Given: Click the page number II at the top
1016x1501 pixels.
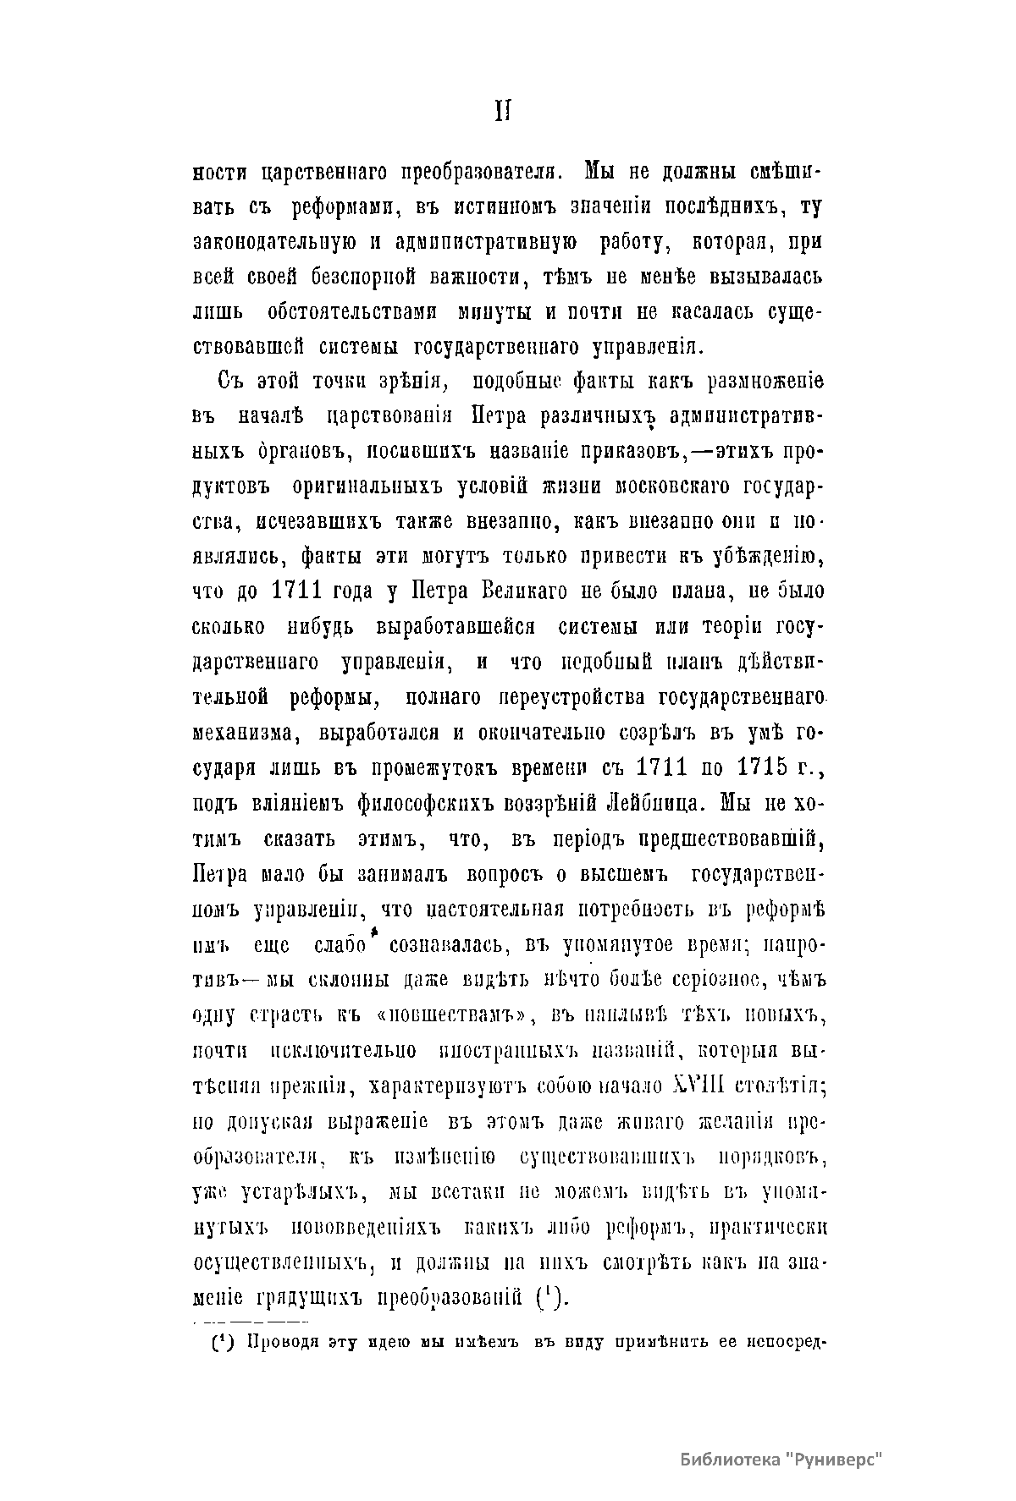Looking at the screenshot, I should pos(501,113).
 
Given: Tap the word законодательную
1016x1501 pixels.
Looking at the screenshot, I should pos(274,241).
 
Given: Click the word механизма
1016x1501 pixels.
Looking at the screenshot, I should pos(236,733).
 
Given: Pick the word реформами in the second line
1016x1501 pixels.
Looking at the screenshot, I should pos(335,206).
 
